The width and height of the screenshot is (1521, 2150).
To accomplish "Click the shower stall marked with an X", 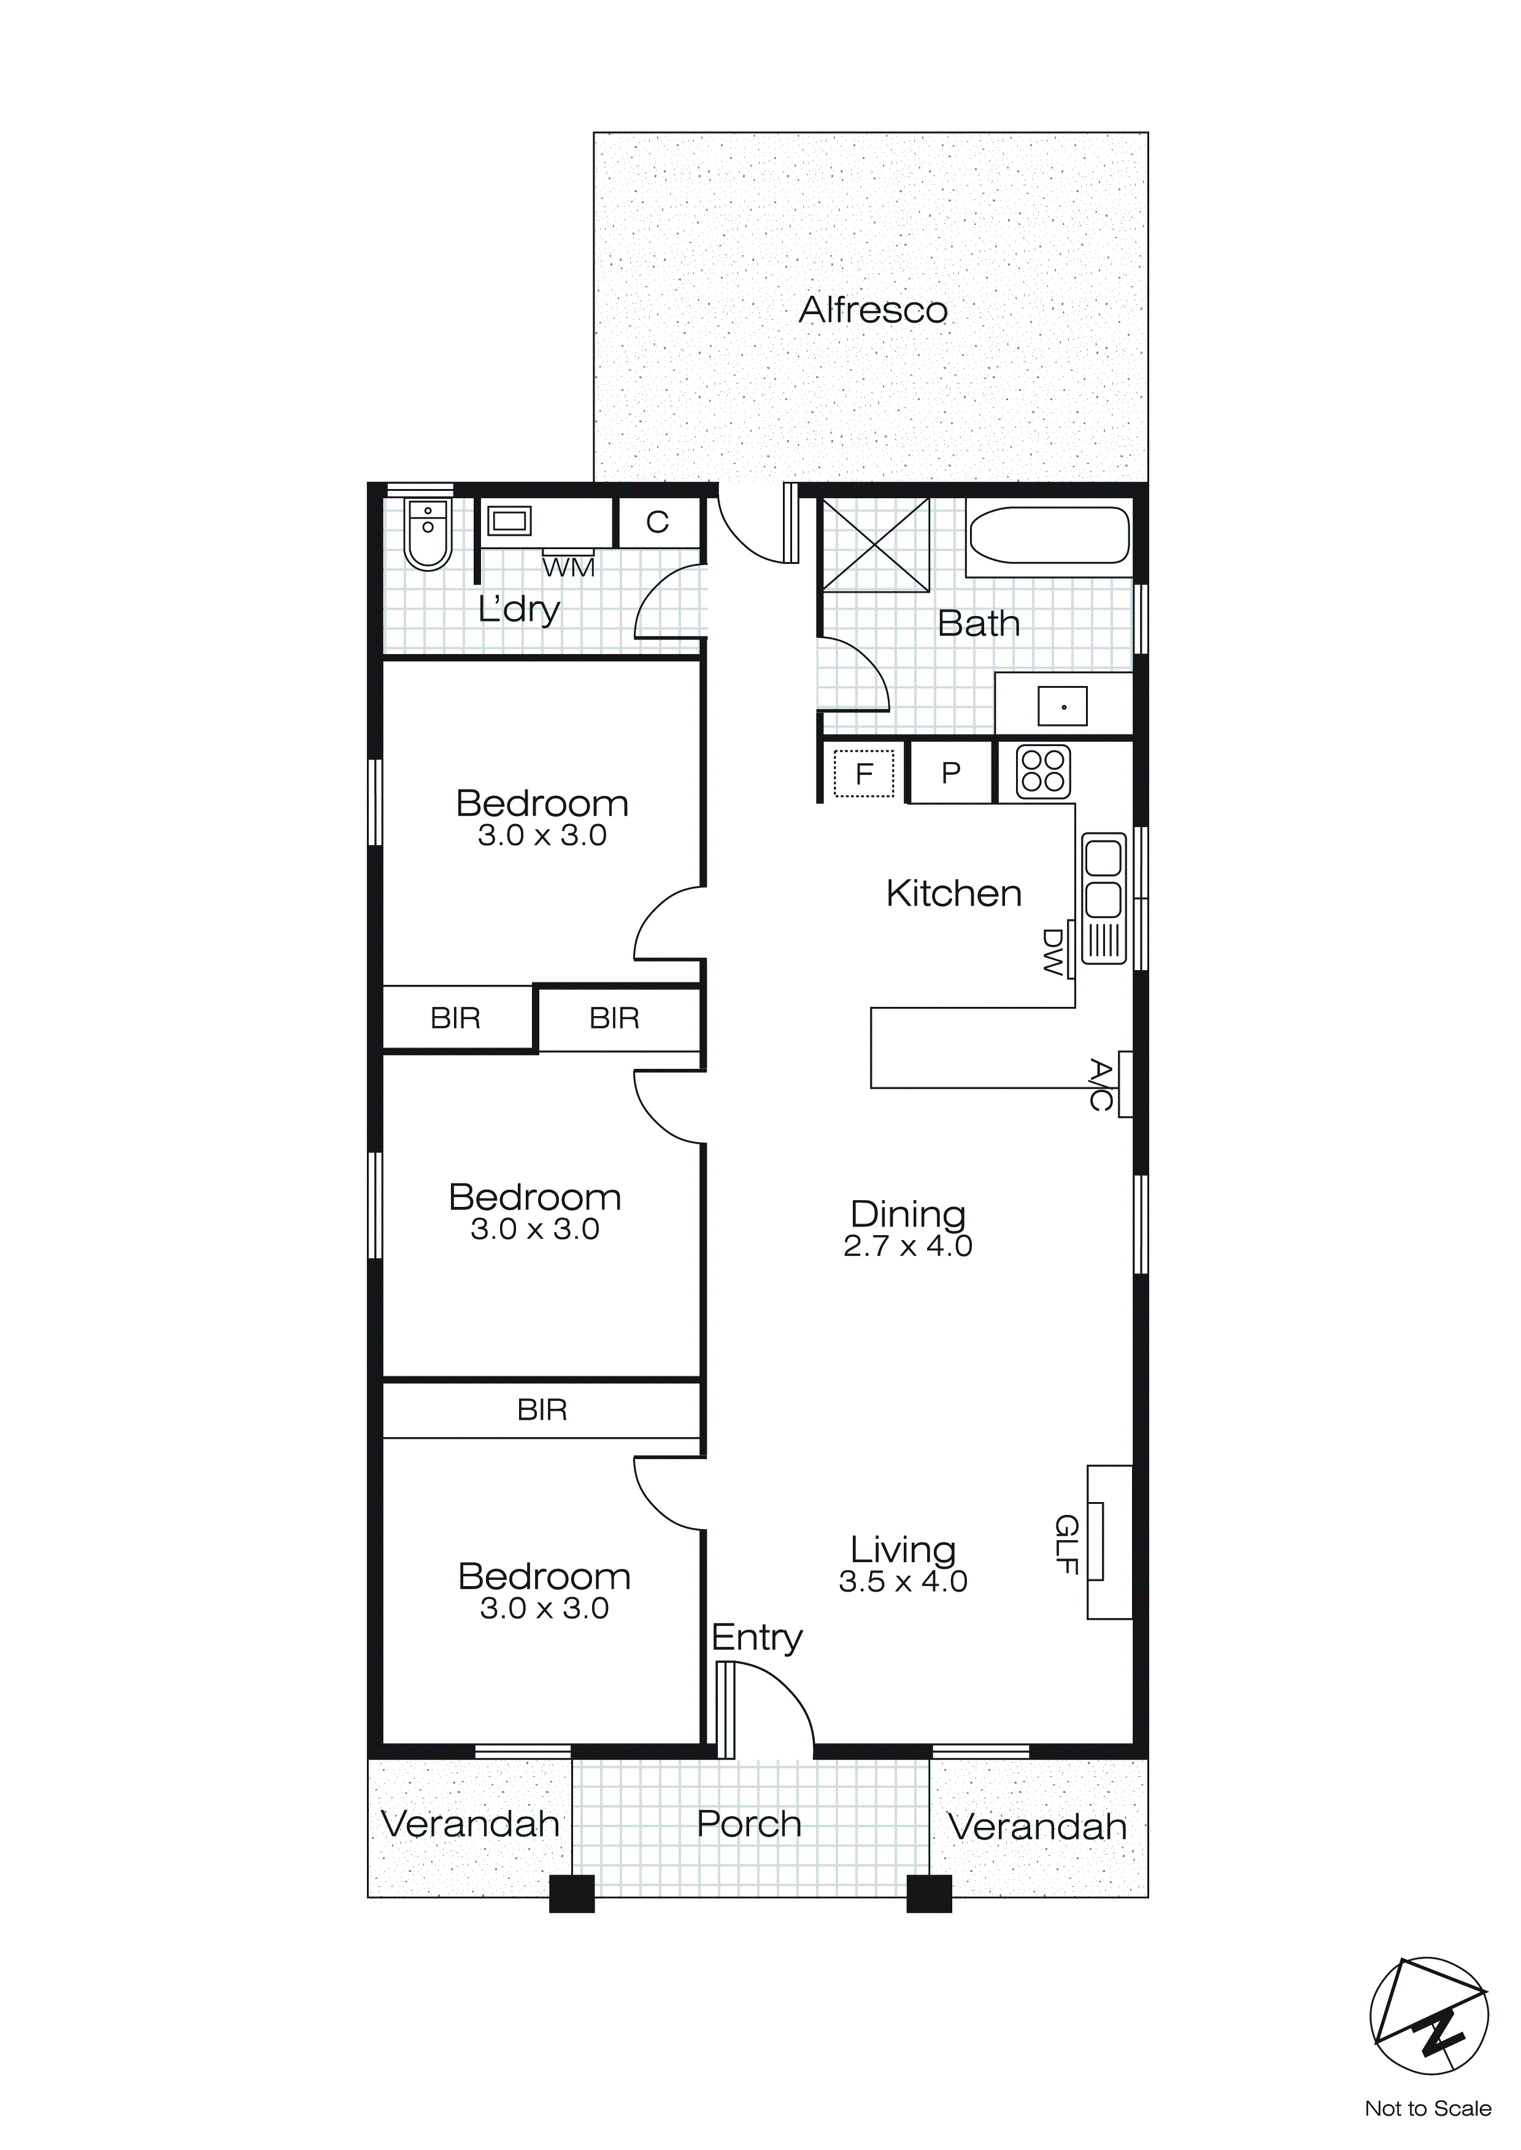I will coord(875,544).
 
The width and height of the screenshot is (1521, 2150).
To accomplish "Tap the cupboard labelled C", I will coord(658,522).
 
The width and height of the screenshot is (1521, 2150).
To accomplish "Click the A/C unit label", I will coord(1101,1084).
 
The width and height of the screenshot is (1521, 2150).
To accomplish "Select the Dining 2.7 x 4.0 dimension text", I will coord(907,1246).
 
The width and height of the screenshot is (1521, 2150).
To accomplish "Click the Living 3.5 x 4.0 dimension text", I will coord(903,1582).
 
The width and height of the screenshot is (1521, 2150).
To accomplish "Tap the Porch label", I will coord(749,1824).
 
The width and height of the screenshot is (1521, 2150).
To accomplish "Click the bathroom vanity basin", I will coord(1063,707).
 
